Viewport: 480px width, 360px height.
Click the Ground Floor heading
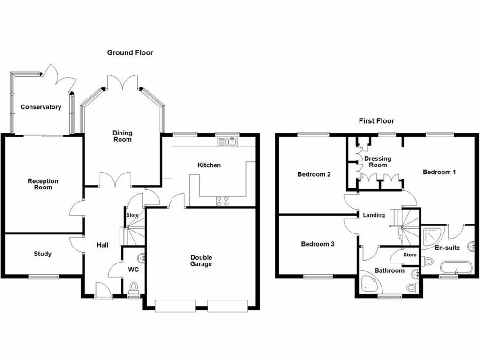click(130, 52)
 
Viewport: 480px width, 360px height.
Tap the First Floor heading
click(376, 121)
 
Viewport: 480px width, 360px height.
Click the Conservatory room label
click(41, 107)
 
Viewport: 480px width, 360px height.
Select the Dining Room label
click(122, 136)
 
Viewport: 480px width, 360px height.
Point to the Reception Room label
click(43, 184)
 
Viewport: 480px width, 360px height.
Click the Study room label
click(43, 254)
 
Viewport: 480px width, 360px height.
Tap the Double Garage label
click(201, 261)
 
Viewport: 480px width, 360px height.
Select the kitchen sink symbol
click(228, 141)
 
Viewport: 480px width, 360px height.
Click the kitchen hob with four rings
click(223, 201)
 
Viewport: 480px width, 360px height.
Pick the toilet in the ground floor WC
click(134, 286)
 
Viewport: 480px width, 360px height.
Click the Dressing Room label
click(378, 162)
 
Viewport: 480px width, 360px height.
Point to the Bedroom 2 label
click(314, 174)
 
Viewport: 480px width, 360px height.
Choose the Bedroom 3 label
click(317, 244)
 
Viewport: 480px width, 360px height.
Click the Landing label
click(374, 215)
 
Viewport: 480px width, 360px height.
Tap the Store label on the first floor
click(410, 255)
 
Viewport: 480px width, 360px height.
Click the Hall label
click(103, 245)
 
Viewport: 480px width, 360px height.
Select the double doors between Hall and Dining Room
click(115, 180)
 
